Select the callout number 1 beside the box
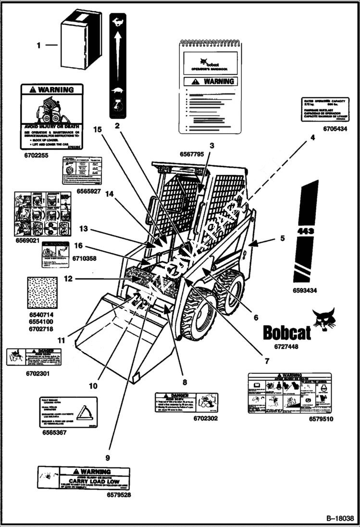click(39, 46)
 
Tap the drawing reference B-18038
click(339, 519)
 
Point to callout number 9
click(108, 458)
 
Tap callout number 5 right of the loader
click(282, 237)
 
